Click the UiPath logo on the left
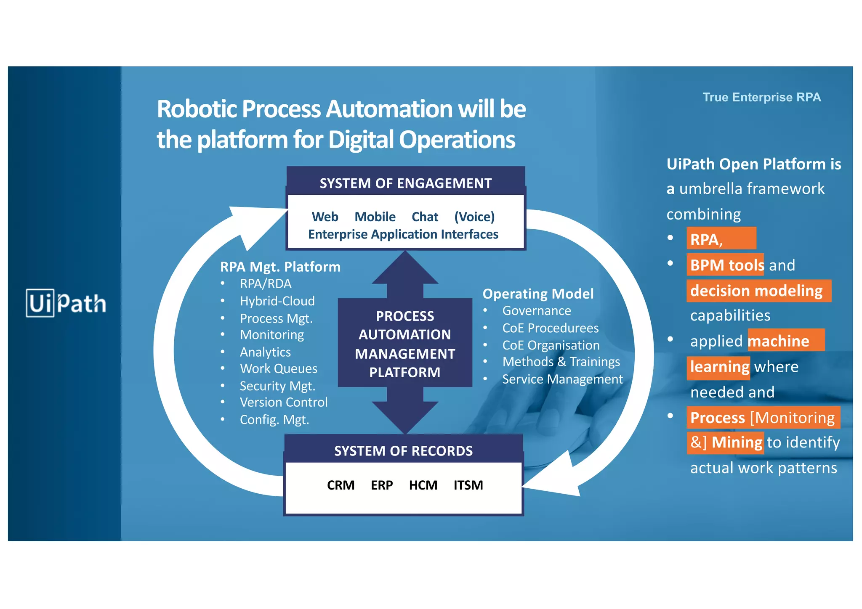[x=66, y=303]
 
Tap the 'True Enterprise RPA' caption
[x=761, y=97]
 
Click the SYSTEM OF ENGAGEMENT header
[x=405, y=183]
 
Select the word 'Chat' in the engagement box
[x=425, y=217]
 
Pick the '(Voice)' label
[x=474, y=217]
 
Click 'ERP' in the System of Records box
[x=381, y=485]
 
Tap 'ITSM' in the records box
[x=468, y=485]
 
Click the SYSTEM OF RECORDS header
[x=403, y=451]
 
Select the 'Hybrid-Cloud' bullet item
[x=277, y=301]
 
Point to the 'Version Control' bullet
[x=283, y=402]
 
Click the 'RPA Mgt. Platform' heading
[x=280, y=267]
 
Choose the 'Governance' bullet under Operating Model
[x=536, y=311]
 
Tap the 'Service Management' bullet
[x=562, y=379]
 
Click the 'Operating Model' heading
[x=537, y=294]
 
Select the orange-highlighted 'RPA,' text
[x=706, y=240]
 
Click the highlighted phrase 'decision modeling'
[x=756, y=291]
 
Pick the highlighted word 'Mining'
[x=737, y=442]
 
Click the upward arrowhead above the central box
[x=405, y=269]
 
